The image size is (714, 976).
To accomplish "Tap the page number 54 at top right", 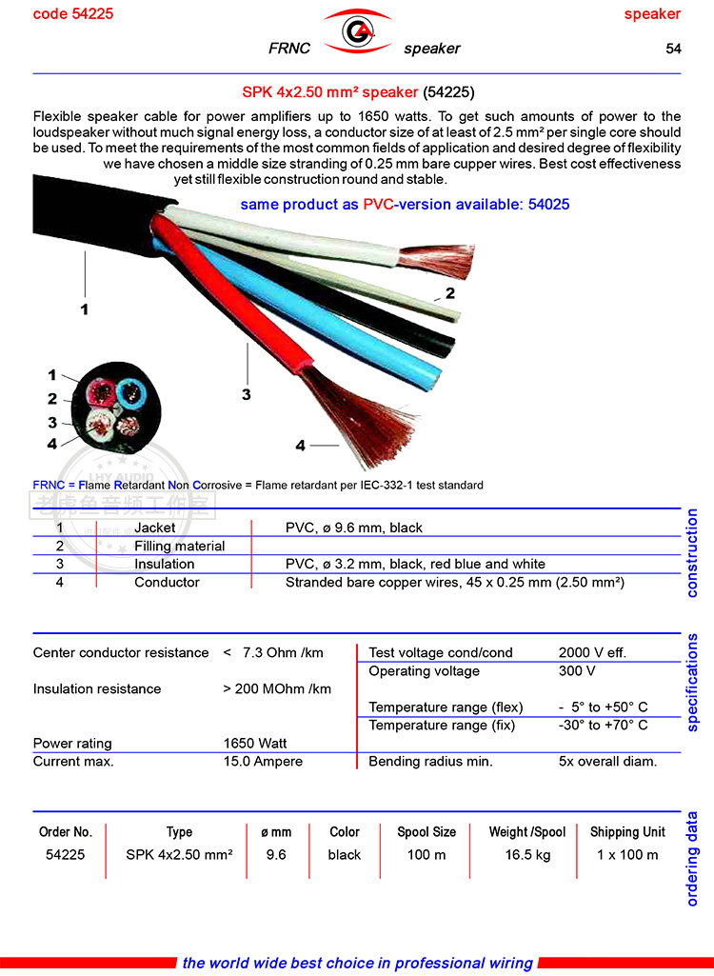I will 673,49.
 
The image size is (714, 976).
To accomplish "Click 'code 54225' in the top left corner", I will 72,14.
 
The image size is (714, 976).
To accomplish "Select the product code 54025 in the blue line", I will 548,205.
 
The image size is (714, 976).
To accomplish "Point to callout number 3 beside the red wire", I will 246,394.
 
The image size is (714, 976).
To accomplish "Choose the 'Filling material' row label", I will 180,546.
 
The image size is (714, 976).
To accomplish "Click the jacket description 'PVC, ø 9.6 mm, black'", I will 354,528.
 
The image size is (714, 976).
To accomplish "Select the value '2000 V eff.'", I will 592,653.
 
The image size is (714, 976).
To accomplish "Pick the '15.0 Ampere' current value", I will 263,762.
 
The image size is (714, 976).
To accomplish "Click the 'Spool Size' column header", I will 426,832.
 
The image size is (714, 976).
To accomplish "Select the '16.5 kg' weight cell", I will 527,855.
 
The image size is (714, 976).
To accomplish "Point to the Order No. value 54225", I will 66,855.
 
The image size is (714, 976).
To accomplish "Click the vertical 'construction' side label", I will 692,553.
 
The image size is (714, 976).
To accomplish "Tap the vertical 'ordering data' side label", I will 692,858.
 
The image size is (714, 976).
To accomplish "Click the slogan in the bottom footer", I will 357,963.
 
